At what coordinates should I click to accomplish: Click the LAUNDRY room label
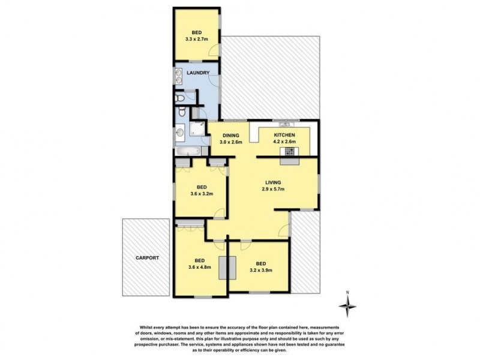point(197,73)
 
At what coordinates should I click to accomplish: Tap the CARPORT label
point(146,257)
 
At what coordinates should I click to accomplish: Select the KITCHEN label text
point(285,136)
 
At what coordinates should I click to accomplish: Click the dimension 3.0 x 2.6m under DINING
point(231,143)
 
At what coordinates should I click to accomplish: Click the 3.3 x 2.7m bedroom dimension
point(197,40)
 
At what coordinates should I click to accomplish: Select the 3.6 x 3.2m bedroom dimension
point(202,194)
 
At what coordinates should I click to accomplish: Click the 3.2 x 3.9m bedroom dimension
point(261,270)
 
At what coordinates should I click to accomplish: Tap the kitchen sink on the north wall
point(285,122)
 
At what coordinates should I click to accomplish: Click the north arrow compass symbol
point(347,306)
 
